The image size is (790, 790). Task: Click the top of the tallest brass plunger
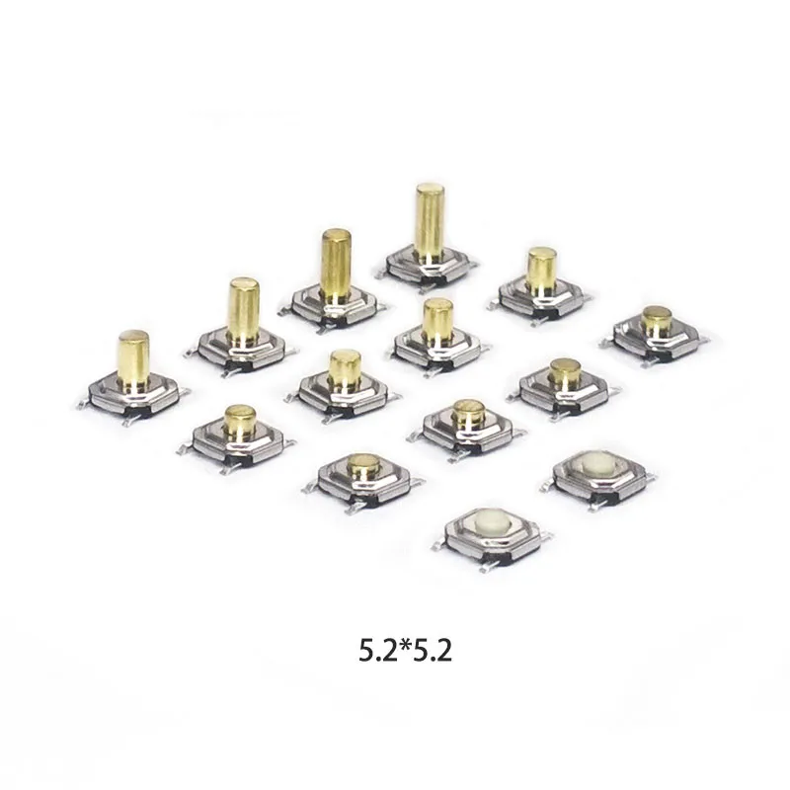(430, 190)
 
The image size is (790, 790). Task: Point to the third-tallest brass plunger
(244, 310)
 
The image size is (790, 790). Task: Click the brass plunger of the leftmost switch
(133, 357)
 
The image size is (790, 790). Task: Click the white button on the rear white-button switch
(595, 462)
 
